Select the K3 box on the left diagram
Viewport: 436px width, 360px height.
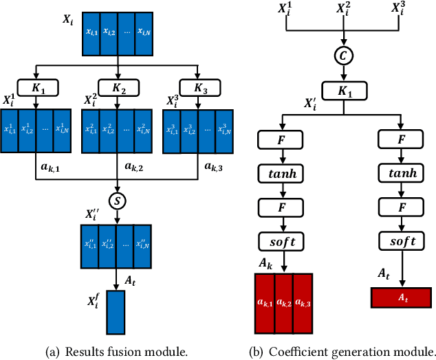[x=198, y=87]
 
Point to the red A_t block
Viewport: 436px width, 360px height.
[x=401, y=297]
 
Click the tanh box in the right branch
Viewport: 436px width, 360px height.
[x=401, y=174]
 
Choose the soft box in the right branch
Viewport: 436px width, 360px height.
[x=401, y=240]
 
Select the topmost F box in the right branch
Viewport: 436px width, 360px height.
[x=401, y=140]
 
